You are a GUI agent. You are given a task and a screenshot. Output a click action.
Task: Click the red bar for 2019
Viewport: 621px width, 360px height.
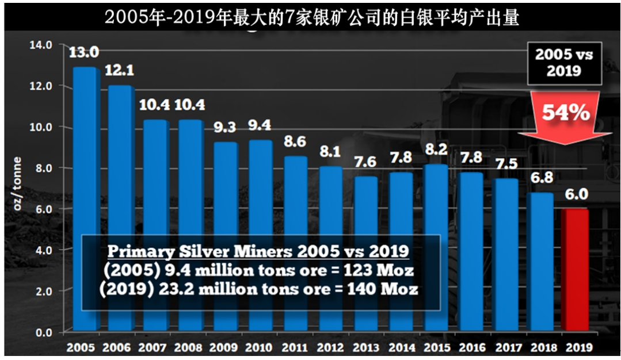click(x=575, y=270)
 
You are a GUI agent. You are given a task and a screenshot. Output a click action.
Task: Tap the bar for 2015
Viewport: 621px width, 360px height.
click(x=436, y=247)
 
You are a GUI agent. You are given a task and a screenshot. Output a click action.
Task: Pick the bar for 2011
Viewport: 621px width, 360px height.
click(x=295, y=243)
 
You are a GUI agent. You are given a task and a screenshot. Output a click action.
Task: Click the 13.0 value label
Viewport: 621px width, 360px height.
click(x=84, y=52)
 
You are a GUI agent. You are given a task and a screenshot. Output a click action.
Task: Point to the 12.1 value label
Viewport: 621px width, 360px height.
click(x=119, y=70)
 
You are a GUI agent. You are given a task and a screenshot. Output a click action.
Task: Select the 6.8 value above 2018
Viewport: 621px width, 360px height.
click(x=542, y=178)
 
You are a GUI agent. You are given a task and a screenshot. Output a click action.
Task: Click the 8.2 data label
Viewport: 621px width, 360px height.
click(x=436, y=149)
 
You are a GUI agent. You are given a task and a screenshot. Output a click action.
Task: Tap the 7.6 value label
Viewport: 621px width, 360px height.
click(x=365, y=162)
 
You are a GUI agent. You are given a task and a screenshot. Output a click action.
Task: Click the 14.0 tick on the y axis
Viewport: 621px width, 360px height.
click(x=41, y=45)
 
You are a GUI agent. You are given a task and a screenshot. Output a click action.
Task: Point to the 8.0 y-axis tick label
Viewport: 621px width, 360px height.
click(x=44, y=168)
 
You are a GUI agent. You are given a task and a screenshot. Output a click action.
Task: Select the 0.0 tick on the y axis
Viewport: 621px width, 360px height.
click(x=44, y=333)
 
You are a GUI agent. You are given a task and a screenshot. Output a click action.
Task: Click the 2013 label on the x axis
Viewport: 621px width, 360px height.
click(x=366, y=348)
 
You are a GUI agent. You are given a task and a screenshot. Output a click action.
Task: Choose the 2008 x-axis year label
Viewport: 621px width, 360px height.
click(x=188, y=348)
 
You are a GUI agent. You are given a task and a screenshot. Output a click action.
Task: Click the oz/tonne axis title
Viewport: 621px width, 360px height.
click(x=17, y=183)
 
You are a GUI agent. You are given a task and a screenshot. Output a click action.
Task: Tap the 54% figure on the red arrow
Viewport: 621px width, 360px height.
click(x=566, y=113)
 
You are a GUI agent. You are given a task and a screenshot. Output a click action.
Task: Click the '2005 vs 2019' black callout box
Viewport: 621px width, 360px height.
click(x=565, y=63)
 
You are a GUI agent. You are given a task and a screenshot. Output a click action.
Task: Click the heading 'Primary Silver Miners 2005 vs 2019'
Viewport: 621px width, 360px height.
click(x=258, y=251)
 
